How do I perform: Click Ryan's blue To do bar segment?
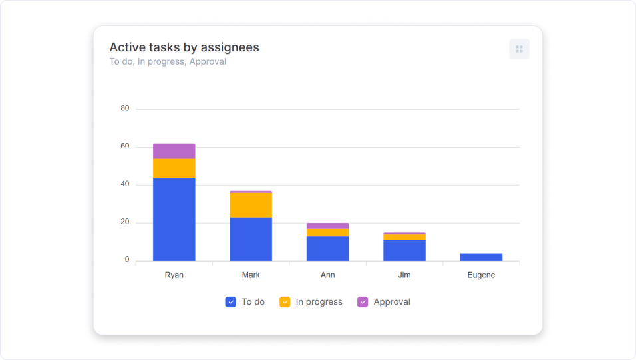point(174,219)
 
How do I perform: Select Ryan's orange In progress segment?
point(174,168)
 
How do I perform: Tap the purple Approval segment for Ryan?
point(174,151)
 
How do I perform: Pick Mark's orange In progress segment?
point(251,205)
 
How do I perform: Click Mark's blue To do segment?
point(251,239)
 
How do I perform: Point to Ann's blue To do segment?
point(327,248)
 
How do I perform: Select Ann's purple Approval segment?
point(327,226)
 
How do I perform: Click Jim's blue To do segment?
point(404,250)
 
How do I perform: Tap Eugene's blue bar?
point(481,257)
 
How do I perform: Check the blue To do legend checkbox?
point(231,302)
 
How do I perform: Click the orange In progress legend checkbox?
point(285,302)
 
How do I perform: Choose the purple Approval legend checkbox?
point(363,302)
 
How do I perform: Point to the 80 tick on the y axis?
point(125,108)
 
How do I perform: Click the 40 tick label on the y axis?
point(125,184)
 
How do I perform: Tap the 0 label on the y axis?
point(127,260)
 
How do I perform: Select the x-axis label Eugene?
point(481,275)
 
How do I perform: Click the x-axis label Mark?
point(251,275)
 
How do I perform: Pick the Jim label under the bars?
point(404,275)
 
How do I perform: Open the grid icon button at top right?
point(519,49)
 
